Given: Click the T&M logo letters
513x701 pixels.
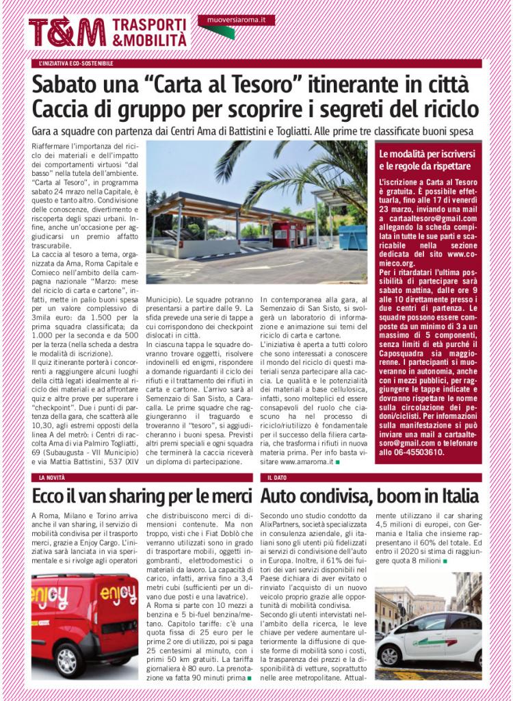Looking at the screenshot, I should (x=66, y=31).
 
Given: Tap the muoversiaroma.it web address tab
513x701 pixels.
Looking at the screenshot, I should (x=236, y=20).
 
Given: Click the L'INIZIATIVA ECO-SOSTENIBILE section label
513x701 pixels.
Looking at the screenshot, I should (x=77, y=64).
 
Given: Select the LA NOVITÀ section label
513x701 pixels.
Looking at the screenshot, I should (x=52, y=477).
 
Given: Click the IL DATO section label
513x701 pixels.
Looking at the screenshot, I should (x=278, y=477).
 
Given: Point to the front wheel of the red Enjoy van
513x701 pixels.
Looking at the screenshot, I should (x=68, y=660).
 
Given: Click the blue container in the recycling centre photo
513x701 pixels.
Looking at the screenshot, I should (x=352, y=237).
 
